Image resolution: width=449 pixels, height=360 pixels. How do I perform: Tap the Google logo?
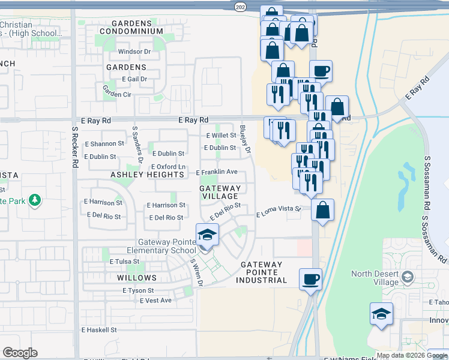click(x=20, y=353)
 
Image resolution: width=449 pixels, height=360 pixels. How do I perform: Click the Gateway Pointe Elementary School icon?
click(x=206, y=235)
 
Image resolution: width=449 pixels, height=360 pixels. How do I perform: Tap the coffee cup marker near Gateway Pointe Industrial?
click(x=310, y=279)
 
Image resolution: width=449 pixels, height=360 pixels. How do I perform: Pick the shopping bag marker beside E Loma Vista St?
click(x=322, y=211)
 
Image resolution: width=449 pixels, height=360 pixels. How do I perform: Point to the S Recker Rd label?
click(x=75, y=147)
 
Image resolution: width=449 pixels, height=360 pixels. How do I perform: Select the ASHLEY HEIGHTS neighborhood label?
click(x=147, y=175)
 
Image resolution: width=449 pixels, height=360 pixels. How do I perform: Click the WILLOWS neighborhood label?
click(x=137, y=278)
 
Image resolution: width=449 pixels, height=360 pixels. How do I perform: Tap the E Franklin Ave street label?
click(x=217, y=172)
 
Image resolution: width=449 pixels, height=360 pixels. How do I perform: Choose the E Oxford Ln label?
click(x=167, y=167)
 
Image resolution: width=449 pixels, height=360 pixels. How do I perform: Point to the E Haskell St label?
click(x=99, y=330)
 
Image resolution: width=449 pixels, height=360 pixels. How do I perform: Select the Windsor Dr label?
click(x=134, y=52)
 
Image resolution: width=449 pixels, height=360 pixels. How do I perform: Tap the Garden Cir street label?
click(x=116, y=91)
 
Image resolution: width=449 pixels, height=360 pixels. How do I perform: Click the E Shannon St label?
click(x=104, y=144)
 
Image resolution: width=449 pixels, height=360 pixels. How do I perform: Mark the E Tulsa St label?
click(x=124, y=262)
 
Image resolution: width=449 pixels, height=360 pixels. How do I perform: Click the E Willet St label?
click(x=221, y=136)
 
